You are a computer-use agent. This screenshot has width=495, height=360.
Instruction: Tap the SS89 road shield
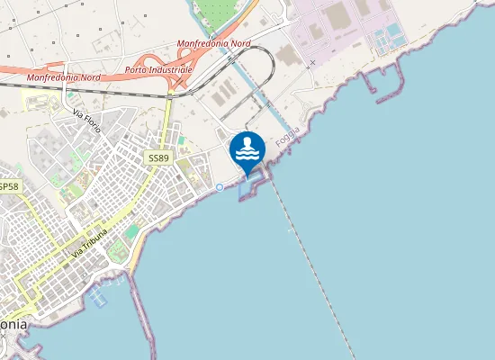pos(157,157)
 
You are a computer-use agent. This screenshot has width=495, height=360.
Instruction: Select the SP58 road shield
pos(7,186)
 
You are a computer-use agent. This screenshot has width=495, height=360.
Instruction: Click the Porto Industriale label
pos(158,70)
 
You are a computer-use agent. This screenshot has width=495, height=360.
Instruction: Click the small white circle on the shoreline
pos(220,187)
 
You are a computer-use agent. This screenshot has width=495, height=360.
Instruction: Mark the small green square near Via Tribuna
pos(132,232)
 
